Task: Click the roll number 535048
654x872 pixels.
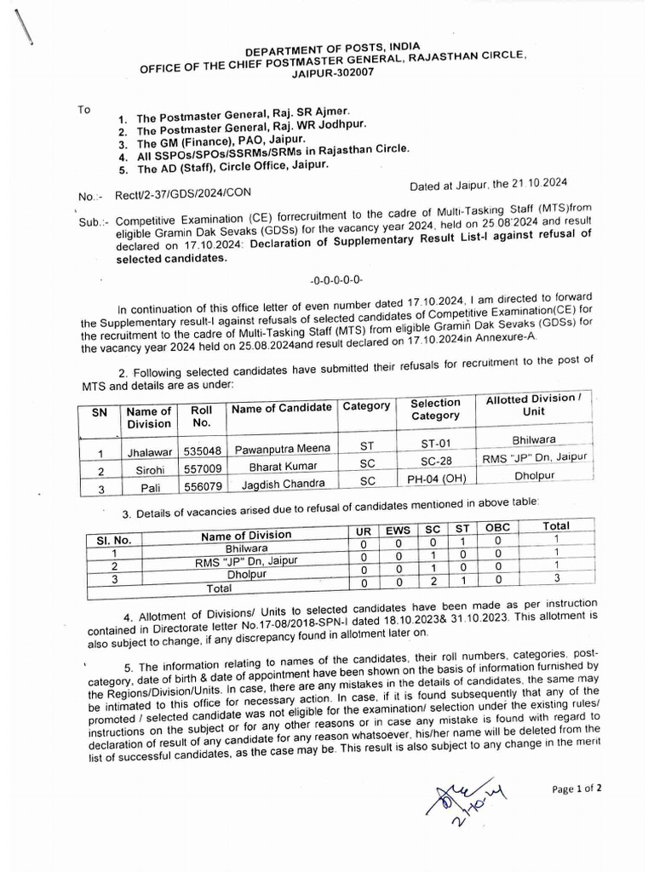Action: (x=201, y=450)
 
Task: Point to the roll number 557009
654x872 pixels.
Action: (x=201, y=468)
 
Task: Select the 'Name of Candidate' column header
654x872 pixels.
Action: (x=282, y=408)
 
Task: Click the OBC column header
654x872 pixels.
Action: (x=497, y=528)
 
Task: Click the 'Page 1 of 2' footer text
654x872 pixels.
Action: (x=577, y=789)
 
